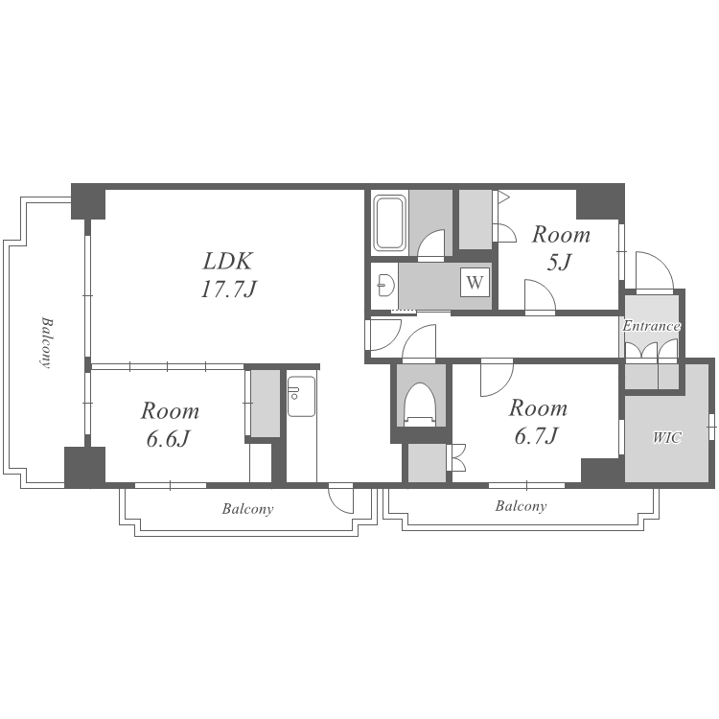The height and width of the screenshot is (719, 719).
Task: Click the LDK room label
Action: (227, 262)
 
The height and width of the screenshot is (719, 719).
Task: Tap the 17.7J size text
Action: (228, 290)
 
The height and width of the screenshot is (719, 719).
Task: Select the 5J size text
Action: (560, 263)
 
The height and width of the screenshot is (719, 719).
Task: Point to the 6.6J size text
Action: (169, 439)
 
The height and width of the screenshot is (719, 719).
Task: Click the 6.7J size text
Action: (536, 435)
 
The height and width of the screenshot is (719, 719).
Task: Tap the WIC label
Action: (667, 438)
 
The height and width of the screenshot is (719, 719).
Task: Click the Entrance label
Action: (651, 326)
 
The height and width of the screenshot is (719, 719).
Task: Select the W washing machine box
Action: (475, 282)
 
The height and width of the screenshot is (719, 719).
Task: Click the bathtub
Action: (390, 223)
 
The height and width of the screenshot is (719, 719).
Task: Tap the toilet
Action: (419, 405)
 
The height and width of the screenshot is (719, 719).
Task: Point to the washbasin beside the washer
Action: (385, 286)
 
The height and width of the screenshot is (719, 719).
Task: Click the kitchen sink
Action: (301, 396)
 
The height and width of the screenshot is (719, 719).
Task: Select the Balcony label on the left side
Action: (45, 342)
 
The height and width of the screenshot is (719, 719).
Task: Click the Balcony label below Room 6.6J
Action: (247, 509)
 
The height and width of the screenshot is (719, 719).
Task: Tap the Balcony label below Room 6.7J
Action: (521, 506)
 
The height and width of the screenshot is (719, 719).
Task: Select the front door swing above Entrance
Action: (655, 271)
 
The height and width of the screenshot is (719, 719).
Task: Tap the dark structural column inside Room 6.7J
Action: (600, 470)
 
